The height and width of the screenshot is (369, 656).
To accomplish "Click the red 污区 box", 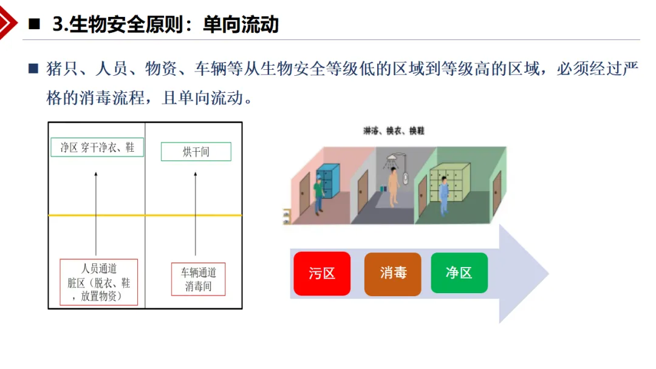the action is [322, 273].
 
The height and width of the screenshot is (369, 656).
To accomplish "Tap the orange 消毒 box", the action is [393, 274].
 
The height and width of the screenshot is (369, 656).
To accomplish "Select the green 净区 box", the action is [459, 273].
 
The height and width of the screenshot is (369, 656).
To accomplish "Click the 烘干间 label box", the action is [196, 152].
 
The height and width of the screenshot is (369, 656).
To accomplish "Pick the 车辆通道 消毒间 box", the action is [198, 279].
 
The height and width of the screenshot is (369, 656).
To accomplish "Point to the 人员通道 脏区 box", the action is [99, 282].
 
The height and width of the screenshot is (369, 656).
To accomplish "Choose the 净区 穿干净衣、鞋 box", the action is [97, 147].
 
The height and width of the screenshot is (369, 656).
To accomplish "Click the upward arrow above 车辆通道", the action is [196, 214].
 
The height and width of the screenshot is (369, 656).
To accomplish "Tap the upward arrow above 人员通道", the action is [96, 214].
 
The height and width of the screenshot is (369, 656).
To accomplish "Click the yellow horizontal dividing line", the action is [145, 215].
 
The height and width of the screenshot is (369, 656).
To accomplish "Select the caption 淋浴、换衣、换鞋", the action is [394, 131].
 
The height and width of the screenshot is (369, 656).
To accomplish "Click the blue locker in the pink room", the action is [329, 180].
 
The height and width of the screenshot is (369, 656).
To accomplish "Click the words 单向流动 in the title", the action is [241, 24].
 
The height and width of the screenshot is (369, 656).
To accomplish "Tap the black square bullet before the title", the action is [34, 24].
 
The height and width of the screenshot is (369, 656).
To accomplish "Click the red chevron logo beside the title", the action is [7, 22].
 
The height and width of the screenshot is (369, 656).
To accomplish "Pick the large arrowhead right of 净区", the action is [524, 274].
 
